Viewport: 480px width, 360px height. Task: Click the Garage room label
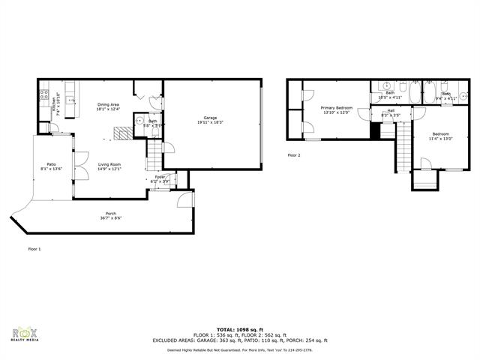(211, 117)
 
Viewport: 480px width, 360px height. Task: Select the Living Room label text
(110, 164)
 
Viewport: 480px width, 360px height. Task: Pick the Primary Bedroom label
(337, 108)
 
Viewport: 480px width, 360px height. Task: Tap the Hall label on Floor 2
(391, 110)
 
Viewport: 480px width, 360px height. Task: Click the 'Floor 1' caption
(34, 248)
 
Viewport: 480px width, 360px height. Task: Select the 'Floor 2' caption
(294, 155)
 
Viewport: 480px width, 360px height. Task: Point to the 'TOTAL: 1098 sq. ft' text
(239, 329)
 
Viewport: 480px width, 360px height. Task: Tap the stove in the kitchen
(43, 95)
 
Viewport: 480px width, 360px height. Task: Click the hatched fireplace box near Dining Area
(121, 133)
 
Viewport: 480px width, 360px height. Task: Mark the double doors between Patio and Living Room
(73, 166)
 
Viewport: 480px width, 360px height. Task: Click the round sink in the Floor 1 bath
(139, 121)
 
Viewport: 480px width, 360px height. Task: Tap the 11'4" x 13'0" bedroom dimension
(440, 138)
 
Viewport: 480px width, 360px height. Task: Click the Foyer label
(160, 177)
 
